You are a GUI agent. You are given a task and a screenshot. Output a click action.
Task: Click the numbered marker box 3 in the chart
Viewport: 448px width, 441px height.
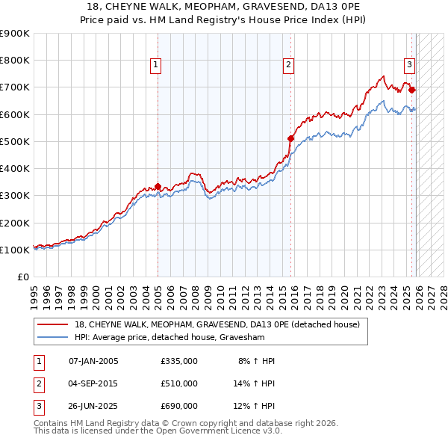click(x=409, y=65)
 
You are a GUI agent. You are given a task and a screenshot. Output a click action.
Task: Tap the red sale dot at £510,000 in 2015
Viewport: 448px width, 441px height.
click(x=291, y=138)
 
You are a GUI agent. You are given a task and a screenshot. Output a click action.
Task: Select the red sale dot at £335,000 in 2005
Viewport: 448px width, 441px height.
click(x=158, y=186)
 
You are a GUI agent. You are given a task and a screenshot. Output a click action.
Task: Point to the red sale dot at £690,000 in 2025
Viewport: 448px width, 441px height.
click(x=412, y=90)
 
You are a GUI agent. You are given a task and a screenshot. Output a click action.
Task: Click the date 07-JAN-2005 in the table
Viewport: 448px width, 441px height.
click(x=93, y=361)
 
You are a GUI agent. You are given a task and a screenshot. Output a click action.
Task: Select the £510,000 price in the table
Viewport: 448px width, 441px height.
click(x=179, y=383)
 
